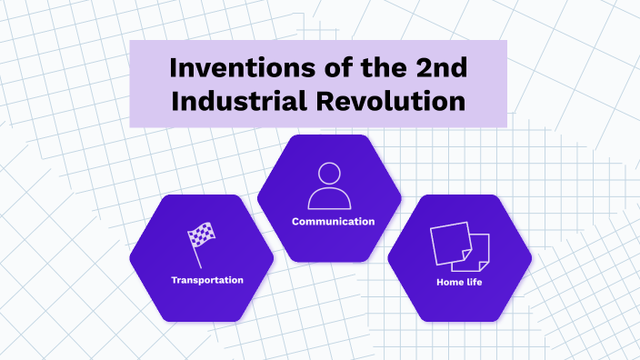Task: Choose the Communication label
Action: click(333, 221)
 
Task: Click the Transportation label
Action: click(207, 280)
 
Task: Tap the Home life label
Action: click(459, 283)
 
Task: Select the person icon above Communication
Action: click(329, 185)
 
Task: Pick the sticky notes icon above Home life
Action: click(459, 246)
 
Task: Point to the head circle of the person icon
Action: click(329, 174)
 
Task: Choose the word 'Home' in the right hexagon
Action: click(449, 283)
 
